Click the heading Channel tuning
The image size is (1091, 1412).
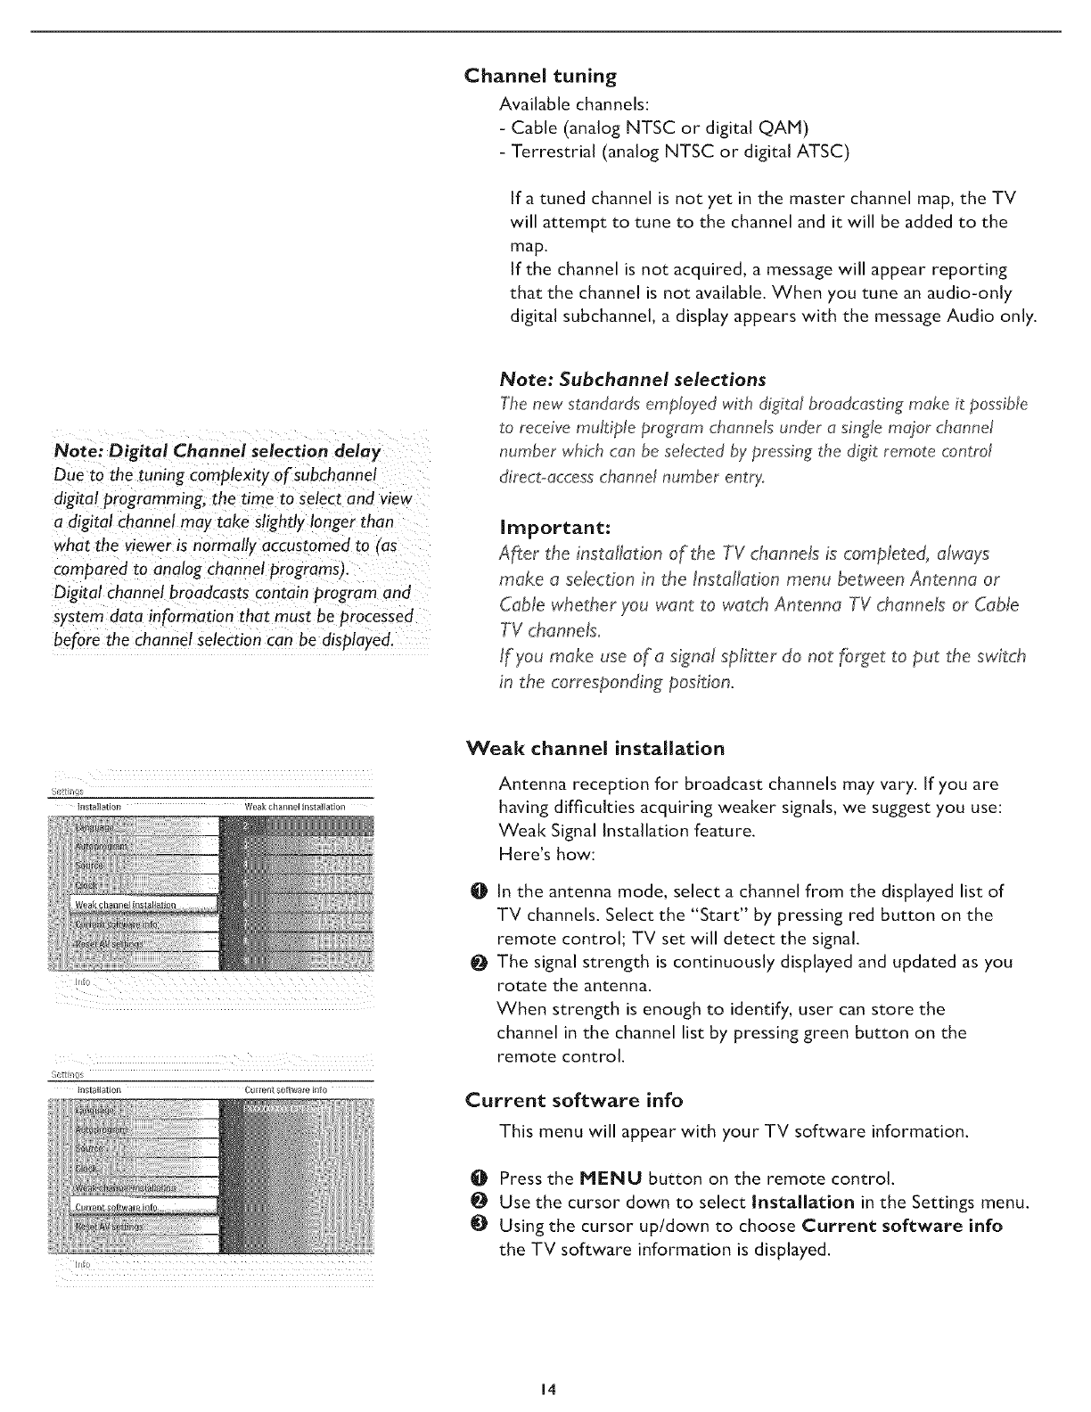tap(541, 76)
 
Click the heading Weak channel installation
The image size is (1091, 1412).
tap(595, 748)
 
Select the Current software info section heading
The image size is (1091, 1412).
tap(574, 1100)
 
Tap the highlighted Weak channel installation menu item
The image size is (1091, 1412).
tap(125, 906)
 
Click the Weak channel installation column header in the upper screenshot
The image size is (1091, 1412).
tap(293, 808)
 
